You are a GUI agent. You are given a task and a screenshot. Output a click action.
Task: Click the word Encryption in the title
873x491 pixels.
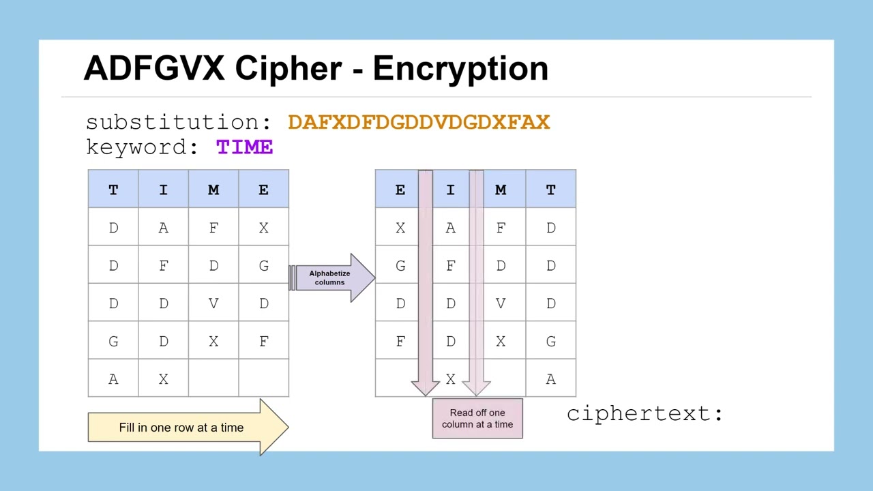click(x=460, y=69)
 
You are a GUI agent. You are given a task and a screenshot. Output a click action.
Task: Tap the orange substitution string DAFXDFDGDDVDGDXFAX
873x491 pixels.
click(x=418, y=123)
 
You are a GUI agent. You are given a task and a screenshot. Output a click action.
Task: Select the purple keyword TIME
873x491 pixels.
click(x=244, y=147)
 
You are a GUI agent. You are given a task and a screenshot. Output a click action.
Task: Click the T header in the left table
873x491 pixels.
click(x=113, y=190)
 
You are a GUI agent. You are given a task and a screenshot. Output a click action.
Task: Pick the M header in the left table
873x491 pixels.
click(x=213, y=190)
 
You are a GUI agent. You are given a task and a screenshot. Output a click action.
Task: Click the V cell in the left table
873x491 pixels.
click(x=213, y=303)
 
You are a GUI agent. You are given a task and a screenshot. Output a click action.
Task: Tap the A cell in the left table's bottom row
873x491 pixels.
click(x=113, y=379)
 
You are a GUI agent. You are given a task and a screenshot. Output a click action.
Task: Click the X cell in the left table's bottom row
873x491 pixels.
click(x=164, y=379)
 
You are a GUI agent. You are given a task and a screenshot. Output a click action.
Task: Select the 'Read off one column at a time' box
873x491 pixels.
click(x=477, y=418)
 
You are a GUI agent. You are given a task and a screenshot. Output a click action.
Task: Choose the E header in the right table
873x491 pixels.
click(x=400, y=190)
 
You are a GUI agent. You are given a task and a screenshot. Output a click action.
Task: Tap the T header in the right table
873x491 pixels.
click(x=550, y=190)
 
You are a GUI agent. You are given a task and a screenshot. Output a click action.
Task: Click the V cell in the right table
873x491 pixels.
click(x=501, y=303)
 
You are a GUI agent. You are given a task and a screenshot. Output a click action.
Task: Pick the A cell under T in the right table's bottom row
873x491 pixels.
click(x=550, y=379)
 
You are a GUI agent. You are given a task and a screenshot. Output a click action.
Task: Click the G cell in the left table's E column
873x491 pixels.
click(x=263, y=266)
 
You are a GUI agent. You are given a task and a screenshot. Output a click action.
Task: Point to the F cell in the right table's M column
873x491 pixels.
click(x=501, y=228)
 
